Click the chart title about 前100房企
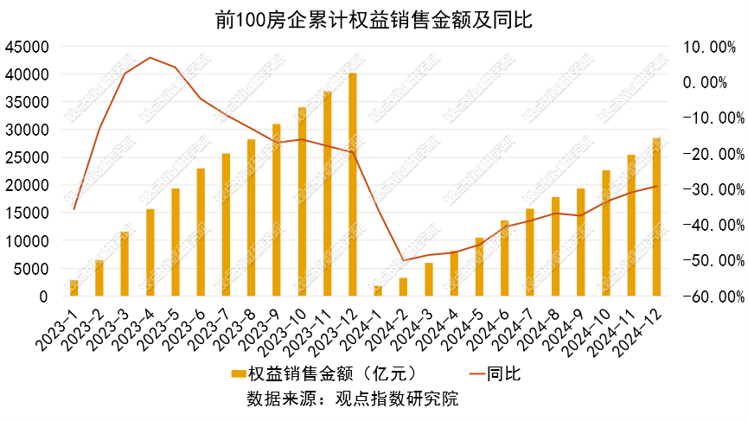click(x=374, y=19)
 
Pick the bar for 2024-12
click(x=656, y=216)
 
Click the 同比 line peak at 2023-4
click(x=150, y=58)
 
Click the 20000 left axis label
click(x=26, y=185)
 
